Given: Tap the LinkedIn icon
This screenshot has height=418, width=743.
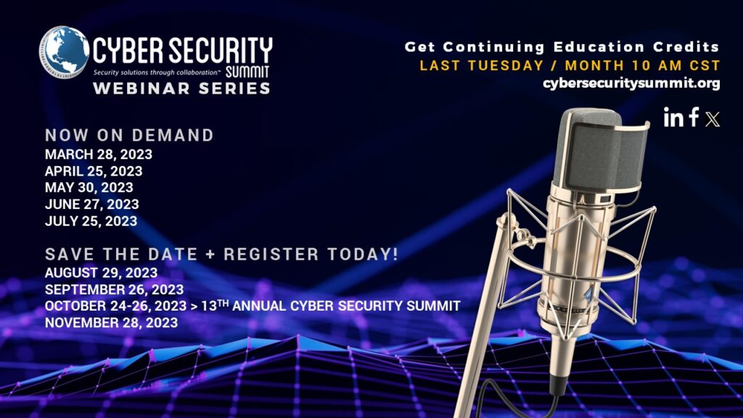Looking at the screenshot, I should [673, 118].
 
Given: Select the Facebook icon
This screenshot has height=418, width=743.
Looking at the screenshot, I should [694, 117].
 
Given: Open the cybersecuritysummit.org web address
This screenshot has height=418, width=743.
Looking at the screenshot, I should [631, 83].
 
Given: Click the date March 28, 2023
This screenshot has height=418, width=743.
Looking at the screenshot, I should [99, 155].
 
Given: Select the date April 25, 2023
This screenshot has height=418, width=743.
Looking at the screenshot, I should [94, 171].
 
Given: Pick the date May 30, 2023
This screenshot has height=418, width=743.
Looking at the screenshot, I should [89, 188].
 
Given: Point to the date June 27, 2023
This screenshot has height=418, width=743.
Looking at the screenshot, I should [91, 205].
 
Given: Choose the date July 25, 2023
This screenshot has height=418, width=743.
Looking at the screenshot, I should [91, 221].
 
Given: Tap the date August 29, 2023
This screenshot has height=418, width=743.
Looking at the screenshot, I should [101, 273].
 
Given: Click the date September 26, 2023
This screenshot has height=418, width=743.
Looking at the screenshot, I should [114, 290].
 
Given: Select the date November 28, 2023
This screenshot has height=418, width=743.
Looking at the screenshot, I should [111, 323].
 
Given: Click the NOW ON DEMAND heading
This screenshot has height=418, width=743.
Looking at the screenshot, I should [129, 136].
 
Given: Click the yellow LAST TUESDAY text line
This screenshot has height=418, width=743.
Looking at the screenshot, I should [570, 65].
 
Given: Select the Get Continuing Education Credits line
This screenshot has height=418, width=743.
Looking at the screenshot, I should [562, 47].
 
